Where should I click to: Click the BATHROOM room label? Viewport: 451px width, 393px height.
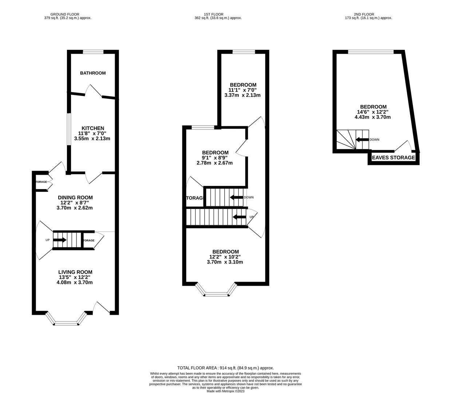pyautogui.click(x=93, y=73)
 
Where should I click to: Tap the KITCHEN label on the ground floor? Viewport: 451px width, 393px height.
pyautogui.click(x=93, y=128)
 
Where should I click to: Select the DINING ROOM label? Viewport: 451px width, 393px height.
pyautogui.click(x=75, y=198)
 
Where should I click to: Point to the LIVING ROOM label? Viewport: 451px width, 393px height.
pyautogui.click(x=75, y=272)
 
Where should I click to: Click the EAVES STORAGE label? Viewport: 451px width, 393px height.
pyautogui.click(x=393, y=158)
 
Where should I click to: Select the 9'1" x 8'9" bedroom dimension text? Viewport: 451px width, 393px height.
pyautogui.click(x=215, y=158)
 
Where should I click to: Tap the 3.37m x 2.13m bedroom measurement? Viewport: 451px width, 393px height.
pyautogui.click(x=242, y=95)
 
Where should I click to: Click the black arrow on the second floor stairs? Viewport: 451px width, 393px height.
pyautogui.click(x=362, y=139)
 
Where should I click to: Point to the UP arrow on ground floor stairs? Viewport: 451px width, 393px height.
pyautogui.click(x=60, y=240)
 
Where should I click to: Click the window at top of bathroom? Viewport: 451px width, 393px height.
pyautogui.click(x=93, y=52)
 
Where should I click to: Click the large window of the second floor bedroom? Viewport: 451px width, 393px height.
pyautogui.click(x=371, y=52)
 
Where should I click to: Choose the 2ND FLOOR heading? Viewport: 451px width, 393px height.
pyautogui.click(x=368, y=15)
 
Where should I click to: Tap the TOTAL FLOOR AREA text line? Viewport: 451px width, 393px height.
pyautogui.click(x=225, y=368)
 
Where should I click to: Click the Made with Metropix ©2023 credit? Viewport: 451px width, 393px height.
pyautogui.click(x=225, y=391)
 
